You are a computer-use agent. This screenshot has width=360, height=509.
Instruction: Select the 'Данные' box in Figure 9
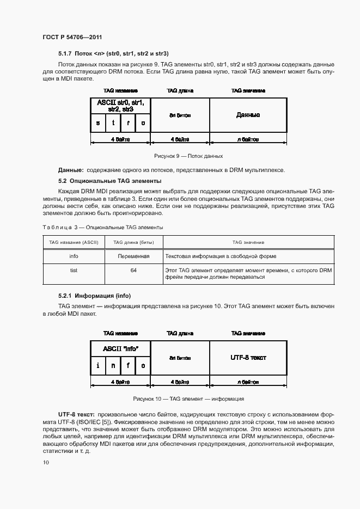[248, 115]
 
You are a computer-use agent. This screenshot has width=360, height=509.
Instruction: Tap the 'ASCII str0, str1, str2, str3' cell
[120, 106]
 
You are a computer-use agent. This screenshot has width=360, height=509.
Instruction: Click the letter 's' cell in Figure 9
[98, 123]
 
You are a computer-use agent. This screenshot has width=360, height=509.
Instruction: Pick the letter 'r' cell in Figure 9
[128, 123]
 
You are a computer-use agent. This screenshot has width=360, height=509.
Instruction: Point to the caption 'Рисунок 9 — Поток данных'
[180, 156]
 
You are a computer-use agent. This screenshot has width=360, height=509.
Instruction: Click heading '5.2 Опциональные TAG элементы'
[109, 181]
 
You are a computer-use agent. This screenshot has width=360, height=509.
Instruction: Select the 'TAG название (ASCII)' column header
[74, 242]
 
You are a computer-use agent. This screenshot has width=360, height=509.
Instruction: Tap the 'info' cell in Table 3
[74, 256]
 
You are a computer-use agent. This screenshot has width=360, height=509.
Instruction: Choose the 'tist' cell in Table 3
[74, 270]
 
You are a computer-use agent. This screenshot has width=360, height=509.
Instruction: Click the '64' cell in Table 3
[133, 270]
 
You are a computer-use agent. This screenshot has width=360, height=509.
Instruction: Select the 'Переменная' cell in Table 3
[133, 256]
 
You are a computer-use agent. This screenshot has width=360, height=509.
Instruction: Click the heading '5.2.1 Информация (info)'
[95, 296]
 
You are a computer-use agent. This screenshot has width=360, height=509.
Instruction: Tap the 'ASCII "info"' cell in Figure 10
[120, 348]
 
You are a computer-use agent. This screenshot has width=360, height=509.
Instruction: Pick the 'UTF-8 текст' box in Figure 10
[248, 357]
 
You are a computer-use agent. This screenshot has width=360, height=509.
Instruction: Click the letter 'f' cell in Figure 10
[128, 365]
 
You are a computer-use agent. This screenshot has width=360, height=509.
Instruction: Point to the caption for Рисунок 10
[180, 398]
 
